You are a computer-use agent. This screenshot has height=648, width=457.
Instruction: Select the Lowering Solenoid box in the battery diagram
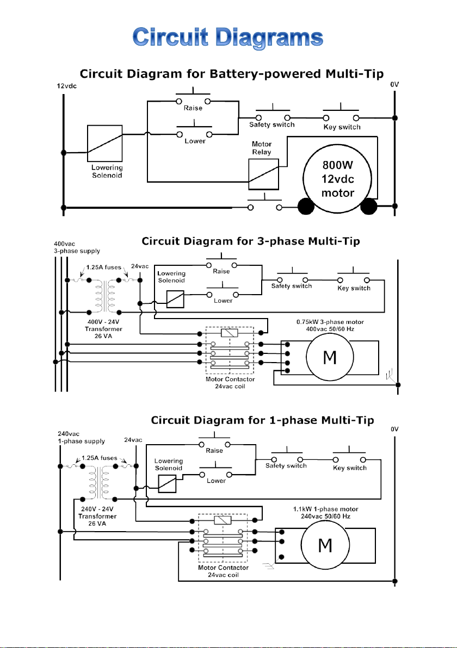pos(104,144)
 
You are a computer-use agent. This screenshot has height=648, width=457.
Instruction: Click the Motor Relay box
pos(263,174)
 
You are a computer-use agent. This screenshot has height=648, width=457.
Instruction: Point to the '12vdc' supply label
pos(66,86)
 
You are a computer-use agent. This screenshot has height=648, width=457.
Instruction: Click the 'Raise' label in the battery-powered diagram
pos(193,108)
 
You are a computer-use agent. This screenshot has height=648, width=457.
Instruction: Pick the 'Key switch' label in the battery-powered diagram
pos(342,127)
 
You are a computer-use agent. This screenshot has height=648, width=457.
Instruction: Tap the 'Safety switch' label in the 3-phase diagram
pos(292,286)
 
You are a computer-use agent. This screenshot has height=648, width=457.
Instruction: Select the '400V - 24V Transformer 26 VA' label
pos(103,329)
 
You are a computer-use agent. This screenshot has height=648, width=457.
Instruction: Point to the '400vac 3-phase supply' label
pos(77,247)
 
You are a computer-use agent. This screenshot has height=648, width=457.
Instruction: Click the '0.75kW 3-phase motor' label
pos(330,322)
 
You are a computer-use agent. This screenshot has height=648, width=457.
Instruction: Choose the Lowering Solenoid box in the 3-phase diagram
pos(175,299)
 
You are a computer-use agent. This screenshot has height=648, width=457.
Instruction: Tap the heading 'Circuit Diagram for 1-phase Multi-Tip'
pos(262,420)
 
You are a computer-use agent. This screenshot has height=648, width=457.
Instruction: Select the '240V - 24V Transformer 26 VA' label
pos(97,516)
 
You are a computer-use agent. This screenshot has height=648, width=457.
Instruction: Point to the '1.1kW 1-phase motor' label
pos(325,509)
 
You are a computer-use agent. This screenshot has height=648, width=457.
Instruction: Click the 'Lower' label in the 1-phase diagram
pos(217,481)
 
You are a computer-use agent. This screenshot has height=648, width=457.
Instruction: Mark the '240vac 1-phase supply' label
pos(81,438)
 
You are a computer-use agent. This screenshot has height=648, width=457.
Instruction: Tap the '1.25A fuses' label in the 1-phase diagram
pos(99,458)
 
